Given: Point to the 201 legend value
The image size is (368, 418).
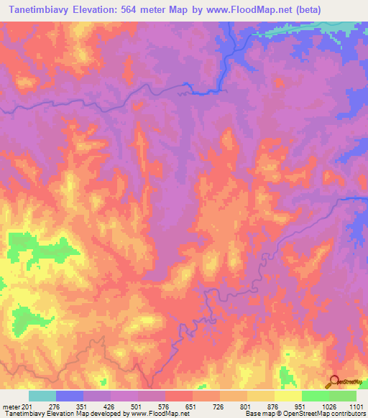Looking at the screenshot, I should pos(27,407).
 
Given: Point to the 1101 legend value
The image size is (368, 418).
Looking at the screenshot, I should pos(357,407).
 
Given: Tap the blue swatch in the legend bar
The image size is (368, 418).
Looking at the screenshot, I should pos(69,396).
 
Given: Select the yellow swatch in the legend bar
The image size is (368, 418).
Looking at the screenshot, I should pos(287,396).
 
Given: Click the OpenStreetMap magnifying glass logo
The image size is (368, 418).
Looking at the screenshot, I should pos(334,381).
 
